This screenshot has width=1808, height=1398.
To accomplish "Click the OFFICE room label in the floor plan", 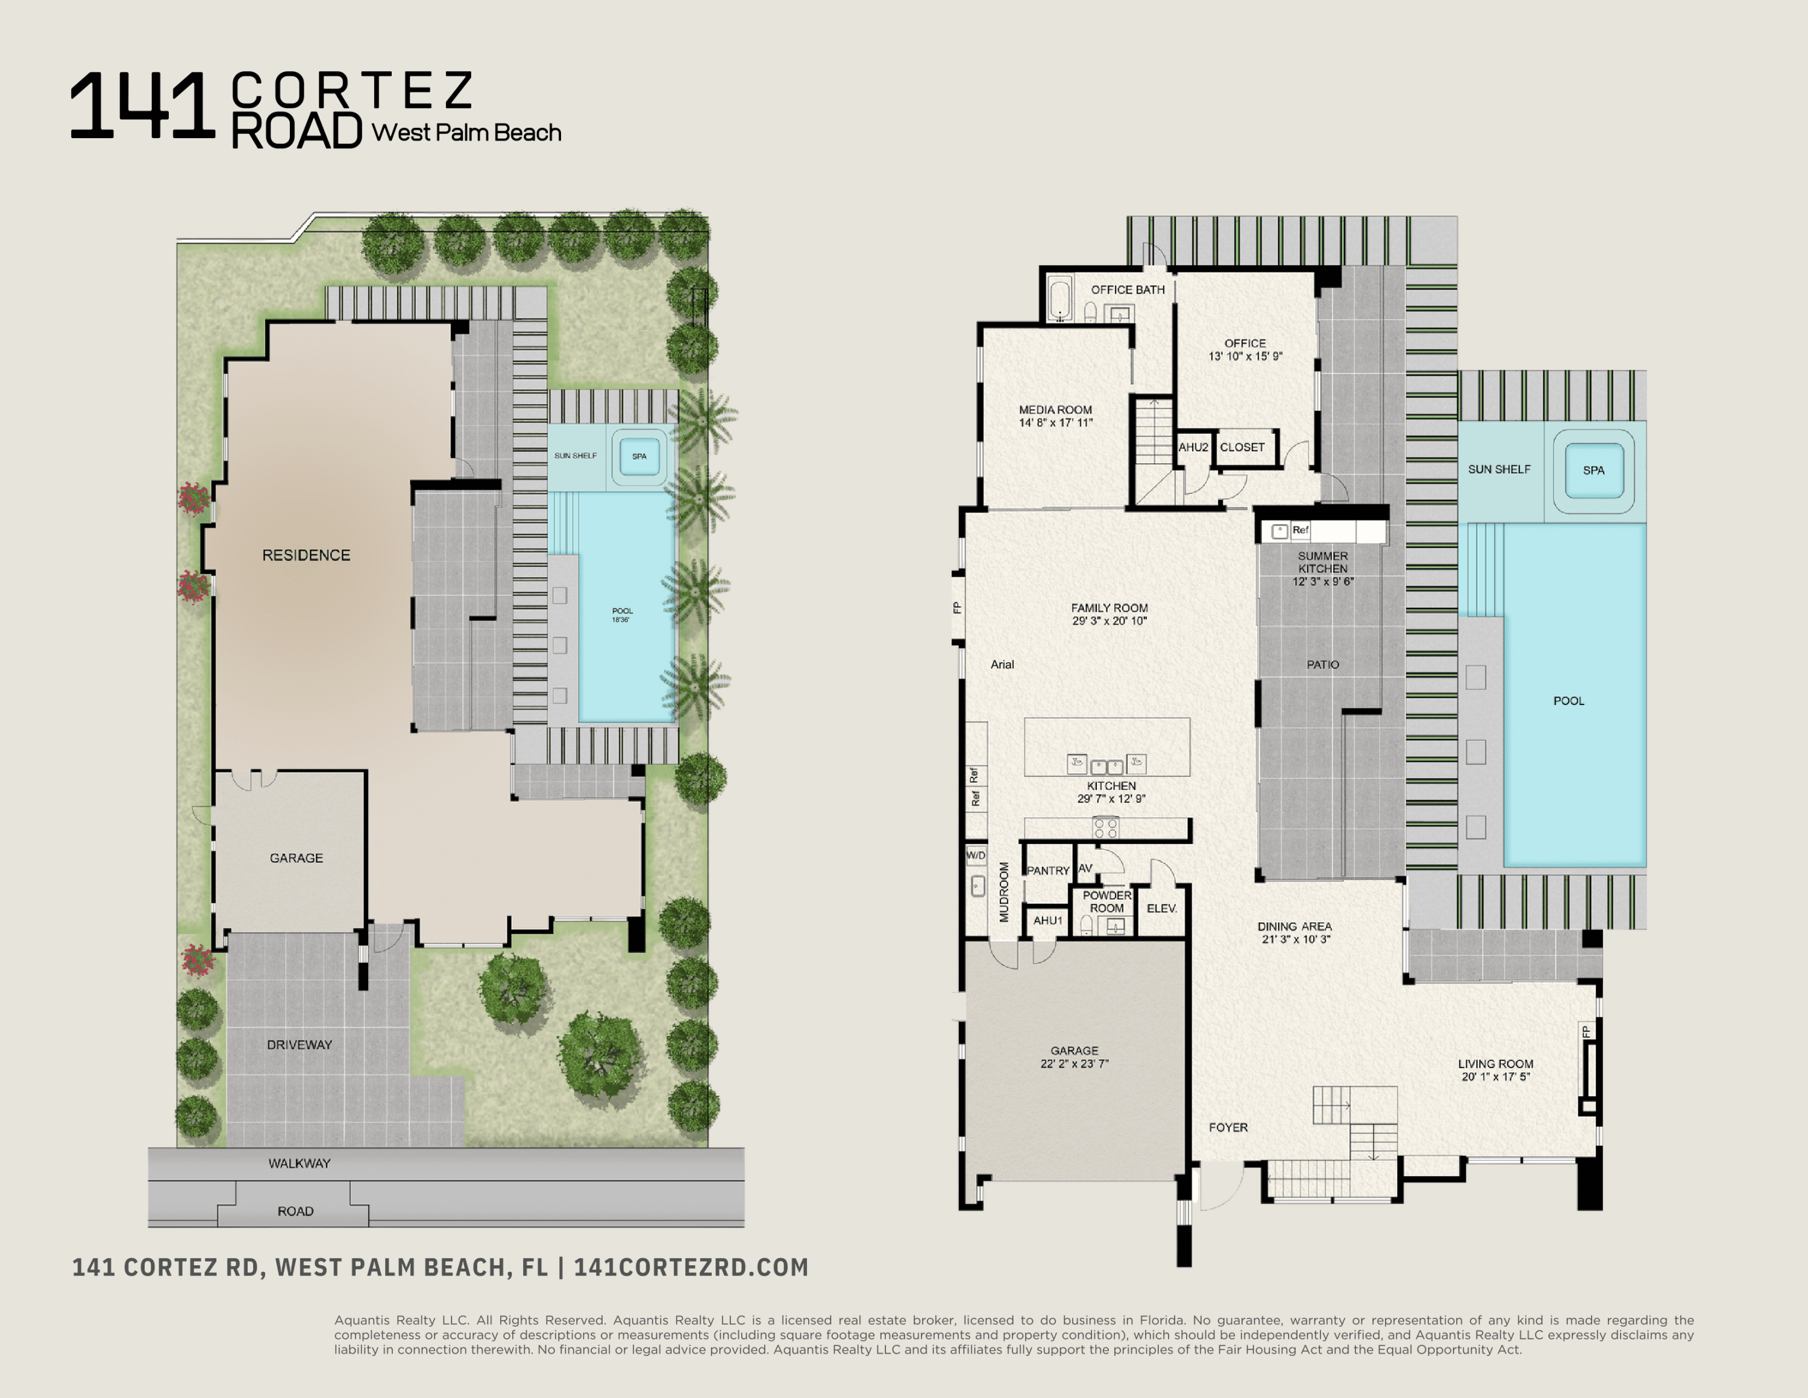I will (1245, 343).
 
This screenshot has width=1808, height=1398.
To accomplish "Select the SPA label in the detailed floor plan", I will (1593, 470).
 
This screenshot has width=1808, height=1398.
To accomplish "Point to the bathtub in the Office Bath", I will (1059, 300).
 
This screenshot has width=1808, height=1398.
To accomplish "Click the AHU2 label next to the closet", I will (1193, 448).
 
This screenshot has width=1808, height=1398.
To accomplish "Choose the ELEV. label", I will (1161, 908).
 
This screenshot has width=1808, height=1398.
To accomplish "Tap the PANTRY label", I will (1048, 870).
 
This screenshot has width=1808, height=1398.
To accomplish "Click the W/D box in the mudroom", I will (976, 855).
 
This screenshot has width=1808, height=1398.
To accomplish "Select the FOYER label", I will (1228, 1127).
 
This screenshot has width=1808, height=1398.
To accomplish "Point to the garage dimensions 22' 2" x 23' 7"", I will (1075, 1063).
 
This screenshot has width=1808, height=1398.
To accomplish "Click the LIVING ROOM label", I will (1495, 1063).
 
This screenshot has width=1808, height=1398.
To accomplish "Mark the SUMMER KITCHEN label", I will (1322, 562).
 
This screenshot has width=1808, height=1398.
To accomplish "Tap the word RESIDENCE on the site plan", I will (306, 555).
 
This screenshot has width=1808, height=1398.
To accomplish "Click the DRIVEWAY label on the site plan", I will (299, 1045).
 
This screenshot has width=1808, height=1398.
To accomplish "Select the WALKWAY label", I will (299, 1163).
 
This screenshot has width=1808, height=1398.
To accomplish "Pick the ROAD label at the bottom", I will (295, 1211).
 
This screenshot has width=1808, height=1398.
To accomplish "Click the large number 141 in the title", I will (142, 106).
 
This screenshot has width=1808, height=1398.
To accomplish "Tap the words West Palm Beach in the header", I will (466, 133).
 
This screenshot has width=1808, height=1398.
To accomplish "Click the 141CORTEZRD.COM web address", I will (691, 1267).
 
